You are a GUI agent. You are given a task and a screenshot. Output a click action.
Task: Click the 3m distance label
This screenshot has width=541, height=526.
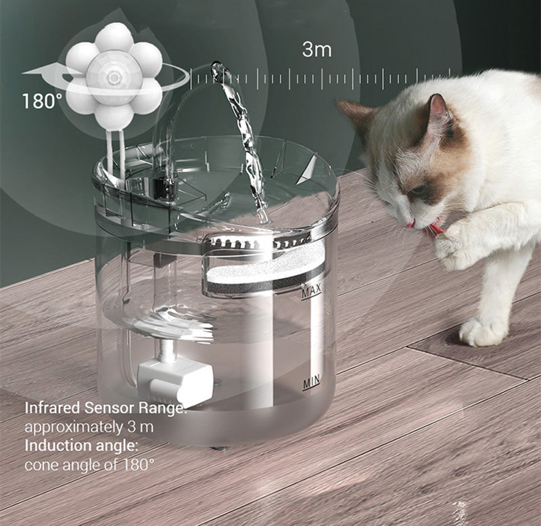click(316, 49)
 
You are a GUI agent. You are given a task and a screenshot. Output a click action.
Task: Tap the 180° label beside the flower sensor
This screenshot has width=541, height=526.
click(42, 101)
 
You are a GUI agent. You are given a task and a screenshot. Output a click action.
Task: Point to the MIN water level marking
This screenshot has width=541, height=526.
click(312, 382)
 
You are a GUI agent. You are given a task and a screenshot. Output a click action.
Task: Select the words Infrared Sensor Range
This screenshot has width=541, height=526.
click(105, 408)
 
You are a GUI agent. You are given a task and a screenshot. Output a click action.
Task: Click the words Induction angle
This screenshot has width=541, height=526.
click(81, 445)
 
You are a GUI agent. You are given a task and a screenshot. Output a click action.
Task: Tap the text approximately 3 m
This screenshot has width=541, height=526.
click(89, 427)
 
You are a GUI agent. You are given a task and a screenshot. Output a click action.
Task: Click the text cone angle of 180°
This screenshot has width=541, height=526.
click(89, 465)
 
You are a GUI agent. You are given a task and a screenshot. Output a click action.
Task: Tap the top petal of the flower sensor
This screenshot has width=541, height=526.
click(114, 37)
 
